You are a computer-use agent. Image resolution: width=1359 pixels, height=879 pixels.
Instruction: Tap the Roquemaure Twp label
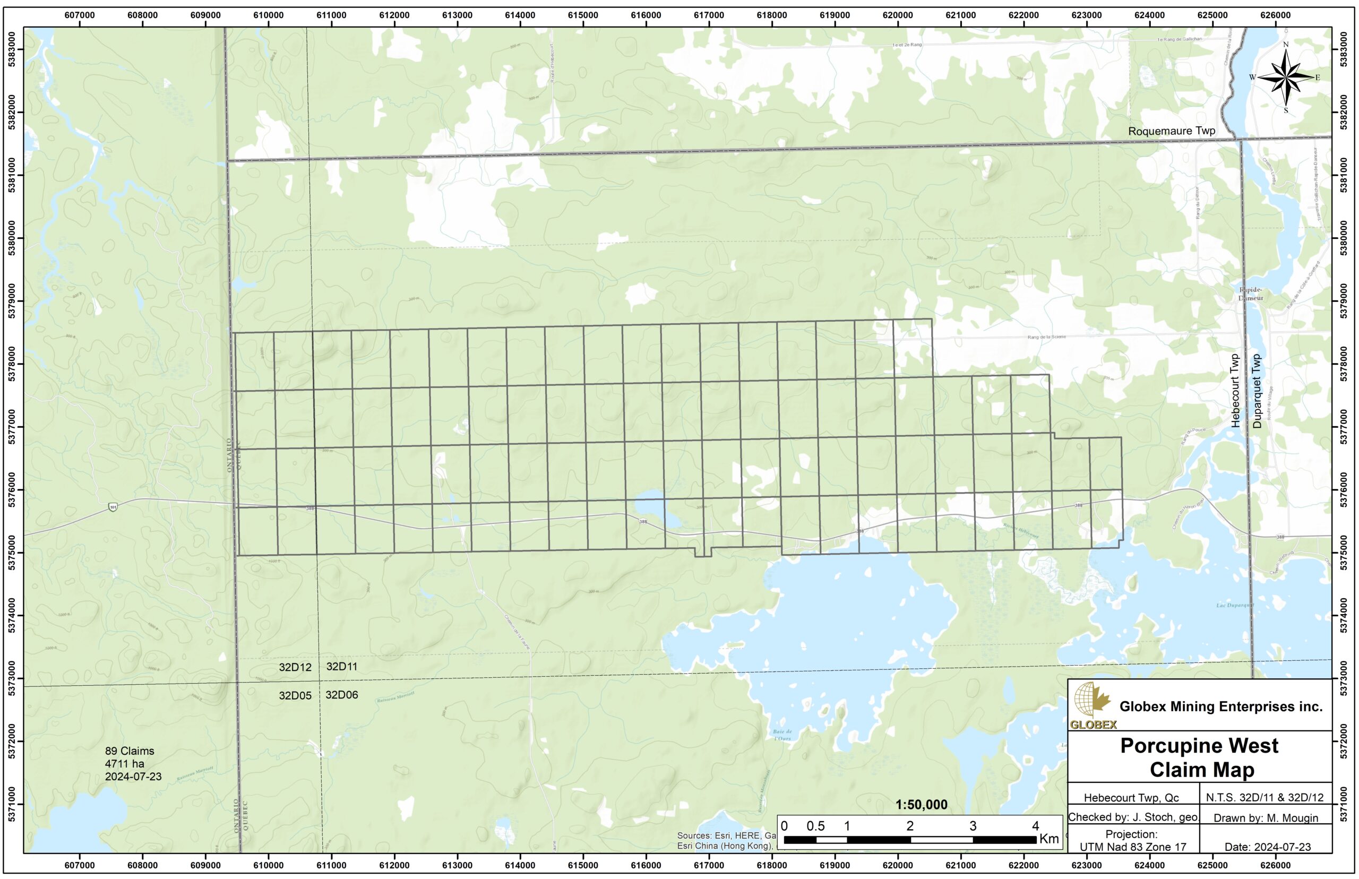1171,131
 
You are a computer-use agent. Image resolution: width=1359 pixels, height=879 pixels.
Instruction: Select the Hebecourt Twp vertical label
1235,391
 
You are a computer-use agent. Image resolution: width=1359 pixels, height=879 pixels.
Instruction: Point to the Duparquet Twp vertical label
1255,391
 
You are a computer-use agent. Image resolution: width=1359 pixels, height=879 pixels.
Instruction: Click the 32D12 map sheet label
295,667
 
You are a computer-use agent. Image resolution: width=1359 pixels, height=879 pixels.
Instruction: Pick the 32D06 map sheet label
342,695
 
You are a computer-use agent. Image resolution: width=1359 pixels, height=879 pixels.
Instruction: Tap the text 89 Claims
130,751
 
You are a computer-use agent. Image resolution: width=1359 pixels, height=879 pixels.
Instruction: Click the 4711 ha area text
124,764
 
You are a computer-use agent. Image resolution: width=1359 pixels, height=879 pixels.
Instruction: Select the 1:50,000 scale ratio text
921,805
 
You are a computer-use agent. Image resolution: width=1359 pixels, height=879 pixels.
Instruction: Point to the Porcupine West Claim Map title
1199,757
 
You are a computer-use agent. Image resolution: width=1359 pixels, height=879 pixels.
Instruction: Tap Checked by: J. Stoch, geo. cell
1133,817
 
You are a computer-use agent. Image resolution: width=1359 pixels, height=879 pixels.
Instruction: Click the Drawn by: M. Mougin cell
1266,818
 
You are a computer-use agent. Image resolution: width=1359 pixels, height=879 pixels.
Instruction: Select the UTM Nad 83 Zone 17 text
1133,847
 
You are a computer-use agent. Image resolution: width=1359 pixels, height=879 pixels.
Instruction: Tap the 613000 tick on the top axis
457,15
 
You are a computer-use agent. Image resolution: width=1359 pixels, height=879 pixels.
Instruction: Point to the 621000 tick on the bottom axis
961,865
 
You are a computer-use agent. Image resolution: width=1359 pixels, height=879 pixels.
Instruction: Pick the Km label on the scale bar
1049,839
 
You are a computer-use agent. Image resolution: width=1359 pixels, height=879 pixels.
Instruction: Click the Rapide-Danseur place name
1251,294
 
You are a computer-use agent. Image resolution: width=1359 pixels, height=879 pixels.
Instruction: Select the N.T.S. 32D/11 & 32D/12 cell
1266,797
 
